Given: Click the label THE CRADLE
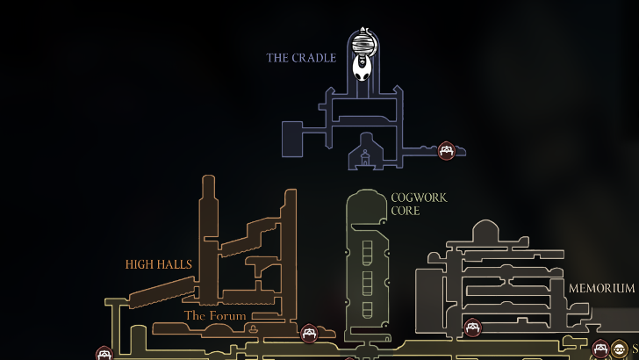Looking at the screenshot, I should tap(301, 58).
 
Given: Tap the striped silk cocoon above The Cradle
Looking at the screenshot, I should tap(363, 42).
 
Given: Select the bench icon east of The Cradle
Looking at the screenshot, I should tap(447, 151).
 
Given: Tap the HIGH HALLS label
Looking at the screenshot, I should tap(158, 263).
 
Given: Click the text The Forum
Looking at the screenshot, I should tap(215, 315).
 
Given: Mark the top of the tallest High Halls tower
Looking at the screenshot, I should tap(208, 181).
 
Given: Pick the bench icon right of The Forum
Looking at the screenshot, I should tap(309, 333).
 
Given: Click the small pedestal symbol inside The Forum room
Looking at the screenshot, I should tap(254, 328).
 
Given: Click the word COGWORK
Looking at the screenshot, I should tap(419, 198).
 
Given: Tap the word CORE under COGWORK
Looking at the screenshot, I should tap(406, 211).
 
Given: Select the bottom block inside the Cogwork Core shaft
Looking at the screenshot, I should tap(367, 308).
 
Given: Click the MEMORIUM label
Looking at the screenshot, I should tap(600, 288).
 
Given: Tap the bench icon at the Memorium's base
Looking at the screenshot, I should tap(473, 328).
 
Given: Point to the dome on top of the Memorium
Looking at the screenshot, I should tap(485, 230).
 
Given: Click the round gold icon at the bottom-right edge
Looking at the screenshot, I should tap(620, 349).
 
